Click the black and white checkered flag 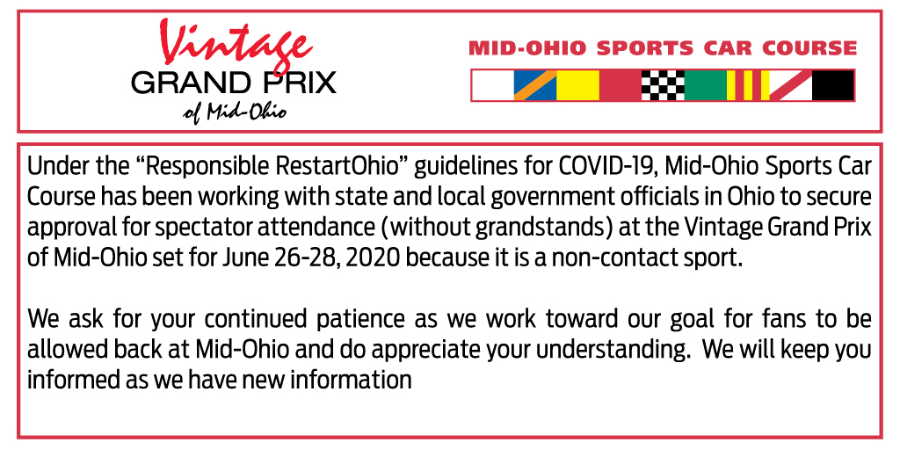[x=663, y=85]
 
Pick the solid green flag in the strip [x=706, y=85]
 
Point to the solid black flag [x=833, y=85]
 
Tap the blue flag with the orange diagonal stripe [x=535, y=85]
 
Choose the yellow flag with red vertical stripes [x=748, y=85]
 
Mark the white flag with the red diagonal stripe [x=790, y=85]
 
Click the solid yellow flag [x=578, y=85]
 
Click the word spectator [x=212, y=228]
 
